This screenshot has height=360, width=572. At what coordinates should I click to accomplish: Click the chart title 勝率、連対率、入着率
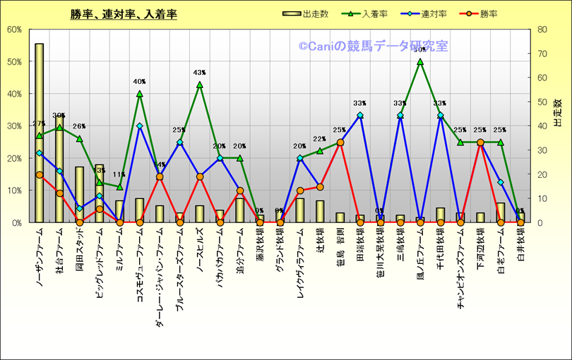point(124,14)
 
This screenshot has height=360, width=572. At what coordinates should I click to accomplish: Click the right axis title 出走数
point(558,113)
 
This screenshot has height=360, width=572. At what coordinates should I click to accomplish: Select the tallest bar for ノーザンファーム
point(39,133)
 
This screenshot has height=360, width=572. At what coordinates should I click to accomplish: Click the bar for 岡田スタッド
point(79,194)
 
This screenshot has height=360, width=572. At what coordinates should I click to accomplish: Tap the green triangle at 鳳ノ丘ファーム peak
point(420,61)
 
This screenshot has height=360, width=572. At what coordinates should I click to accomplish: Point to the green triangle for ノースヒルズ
point(200,85)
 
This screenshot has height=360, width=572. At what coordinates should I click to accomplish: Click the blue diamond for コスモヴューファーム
point(140,126)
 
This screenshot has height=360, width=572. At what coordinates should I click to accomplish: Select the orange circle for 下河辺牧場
point(480,143)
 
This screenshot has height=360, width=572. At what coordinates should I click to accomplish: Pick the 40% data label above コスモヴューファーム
point(139,82)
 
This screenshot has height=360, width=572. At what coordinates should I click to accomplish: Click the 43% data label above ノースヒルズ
point(200,73)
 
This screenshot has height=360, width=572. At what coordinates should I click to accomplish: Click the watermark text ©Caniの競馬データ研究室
point(373,47)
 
